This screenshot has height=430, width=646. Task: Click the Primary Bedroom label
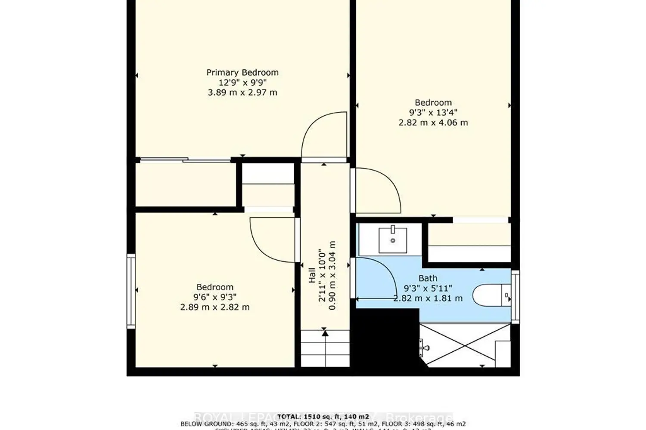tap(242, 72)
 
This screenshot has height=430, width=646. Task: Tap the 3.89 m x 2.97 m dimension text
tap(242, 92)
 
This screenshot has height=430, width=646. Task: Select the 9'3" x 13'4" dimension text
tap(433, 112)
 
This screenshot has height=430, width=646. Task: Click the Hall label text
tap(312, 275)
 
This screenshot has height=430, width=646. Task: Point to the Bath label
tap(428, 278)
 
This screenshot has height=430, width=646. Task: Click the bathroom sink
tap(392, 240)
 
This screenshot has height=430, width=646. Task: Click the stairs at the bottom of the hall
tap(324, 348)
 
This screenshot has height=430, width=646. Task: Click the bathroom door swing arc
tap(375, 277)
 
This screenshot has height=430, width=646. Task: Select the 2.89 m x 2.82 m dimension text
tap(214, 307)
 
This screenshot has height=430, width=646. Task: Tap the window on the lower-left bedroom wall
tap(131, 291)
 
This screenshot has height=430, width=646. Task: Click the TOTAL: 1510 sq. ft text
tap(323, 416)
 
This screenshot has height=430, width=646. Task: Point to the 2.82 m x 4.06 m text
tap(433, 123)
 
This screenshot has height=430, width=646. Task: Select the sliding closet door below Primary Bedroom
tap(185, 160)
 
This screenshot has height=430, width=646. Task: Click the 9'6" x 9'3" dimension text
tap(214, 297)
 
